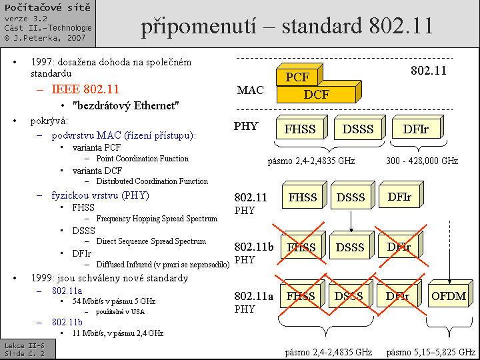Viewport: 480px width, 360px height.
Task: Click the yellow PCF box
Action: tap(297, 77)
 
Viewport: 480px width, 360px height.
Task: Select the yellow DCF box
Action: tap(316, 94)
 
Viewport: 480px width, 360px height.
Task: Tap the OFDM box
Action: tap(449, 296)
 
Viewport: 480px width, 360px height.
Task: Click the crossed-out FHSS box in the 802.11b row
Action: tap(301, 247)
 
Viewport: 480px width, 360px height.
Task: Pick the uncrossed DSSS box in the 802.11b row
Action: tap(350, 247)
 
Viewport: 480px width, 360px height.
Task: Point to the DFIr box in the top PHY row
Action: tap(415, 129)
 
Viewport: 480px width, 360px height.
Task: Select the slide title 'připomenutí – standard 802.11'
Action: tap(287, 25)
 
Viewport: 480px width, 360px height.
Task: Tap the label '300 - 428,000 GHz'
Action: tap(422, 161)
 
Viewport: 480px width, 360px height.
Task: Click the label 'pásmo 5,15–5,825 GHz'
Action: tap(431, 351)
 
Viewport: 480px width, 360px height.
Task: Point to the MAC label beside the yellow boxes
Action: tap(250, 91)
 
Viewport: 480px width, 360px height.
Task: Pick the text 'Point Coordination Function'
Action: tap(142, 159)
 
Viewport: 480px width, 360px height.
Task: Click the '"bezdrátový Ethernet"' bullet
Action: tap(126, 105)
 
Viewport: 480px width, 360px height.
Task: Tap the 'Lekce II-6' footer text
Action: tap(25, 345)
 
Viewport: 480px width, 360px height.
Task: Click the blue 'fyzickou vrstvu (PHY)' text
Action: tap(100, 195)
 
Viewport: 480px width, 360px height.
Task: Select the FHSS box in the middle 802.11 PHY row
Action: tap(303, 197)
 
